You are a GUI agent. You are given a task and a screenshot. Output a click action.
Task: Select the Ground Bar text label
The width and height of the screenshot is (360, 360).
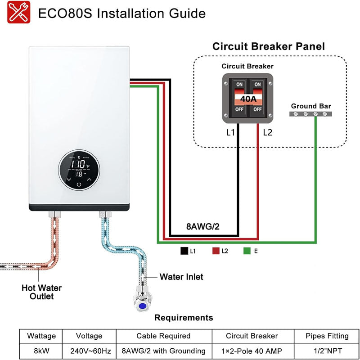[310, 106]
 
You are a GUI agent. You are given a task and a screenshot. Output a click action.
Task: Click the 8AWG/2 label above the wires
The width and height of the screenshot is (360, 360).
[202, 226]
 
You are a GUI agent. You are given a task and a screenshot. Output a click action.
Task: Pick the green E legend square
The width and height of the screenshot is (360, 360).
[246, 251]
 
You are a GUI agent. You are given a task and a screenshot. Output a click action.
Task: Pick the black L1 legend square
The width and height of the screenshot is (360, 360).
[183, 251]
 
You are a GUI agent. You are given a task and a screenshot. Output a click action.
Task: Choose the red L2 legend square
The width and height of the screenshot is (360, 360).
[215, 251]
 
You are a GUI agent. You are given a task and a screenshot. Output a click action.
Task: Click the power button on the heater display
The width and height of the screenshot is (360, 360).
[79, 184]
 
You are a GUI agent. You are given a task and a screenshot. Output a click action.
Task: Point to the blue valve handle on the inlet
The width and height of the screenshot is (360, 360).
[143, 306]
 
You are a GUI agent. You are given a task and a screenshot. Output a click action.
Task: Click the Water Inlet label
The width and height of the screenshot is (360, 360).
[181, 277]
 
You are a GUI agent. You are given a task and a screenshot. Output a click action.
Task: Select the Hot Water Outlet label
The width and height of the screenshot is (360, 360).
[42, 292]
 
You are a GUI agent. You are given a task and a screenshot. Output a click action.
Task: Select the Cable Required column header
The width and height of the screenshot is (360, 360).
[163, 336]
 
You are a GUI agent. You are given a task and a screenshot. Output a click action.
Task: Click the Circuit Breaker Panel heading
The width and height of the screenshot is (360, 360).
[268, 46]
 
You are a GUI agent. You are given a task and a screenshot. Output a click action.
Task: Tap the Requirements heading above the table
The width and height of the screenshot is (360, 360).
[184, 318]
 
